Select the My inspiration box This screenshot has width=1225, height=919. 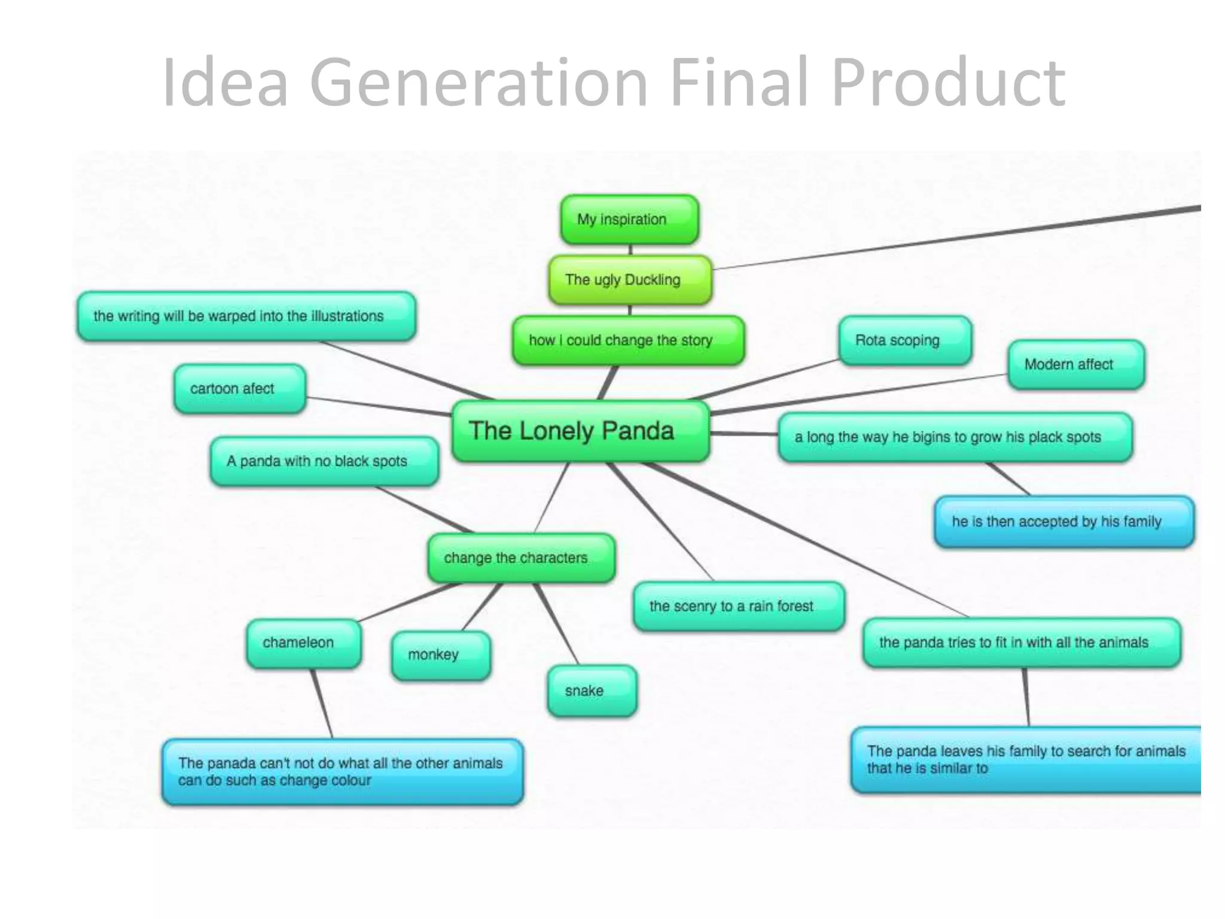tap(629, 220)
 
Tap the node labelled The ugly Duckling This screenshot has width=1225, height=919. tap(630, 280)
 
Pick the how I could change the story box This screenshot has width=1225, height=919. tap(628, 340)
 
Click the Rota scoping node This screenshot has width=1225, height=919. tap(904, 340)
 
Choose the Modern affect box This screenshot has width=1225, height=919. tap(1075, 364)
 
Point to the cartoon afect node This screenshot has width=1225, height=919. tap(239, 389)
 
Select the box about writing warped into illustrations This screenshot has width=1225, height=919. tap(246, 317)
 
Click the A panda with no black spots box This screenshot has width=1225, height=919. tap(324, 461)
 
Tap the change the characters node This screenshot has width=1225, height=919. tap(520, 558)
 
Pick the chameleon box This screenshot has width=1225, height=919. tap(303, 643)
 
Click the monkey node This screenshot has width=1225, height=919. tap(441, 655)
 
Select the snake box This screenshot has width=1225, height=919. tap(591, 691)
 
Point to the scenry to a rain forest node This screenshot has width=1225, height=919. tap(738, 607)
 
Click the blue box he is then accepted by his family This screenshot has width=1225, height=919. tap(1064, 522)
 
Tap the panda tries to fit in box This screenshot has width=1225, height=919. tap(1021, 643)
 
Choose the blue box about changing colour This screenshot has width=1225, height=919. tap(342, 772)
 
